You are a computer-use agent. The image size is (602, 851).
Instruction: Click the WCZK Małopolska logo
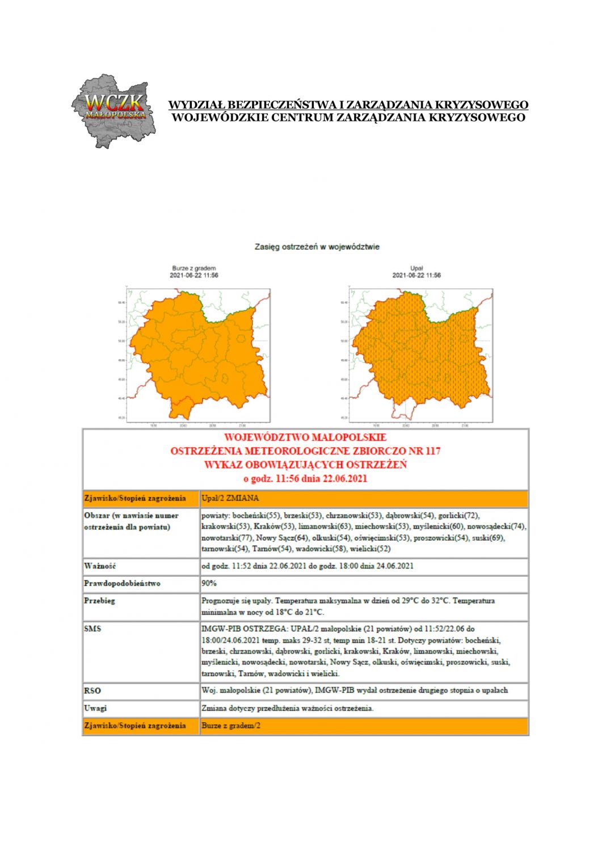113,110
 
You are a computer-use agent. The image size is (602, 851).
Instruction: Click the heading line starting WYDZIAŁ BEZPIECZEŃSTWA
348,105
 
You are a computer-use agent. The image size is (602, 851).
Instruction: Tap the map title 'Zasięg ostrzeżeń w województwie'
317,247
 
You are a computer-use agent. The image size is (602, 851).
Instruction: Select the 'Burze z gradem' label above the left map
194,268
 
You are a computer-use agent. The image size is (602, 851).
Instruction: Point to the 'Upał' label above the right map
416,268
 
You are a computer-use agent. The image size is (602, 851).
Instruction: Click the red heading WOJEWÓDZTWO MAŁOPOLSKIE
305,437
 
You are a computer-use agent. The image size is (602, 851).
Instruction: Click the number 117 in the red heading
432,451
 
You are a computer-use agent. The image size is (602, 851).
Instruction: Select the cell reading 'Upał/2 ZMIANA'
230,498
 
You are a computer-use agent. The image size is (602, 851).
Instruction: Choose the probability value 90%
209,583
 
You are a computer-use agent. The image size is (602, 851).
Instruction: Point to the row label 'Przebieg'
99,600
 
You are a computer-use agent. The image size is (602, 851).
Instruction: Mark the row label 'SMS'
92,629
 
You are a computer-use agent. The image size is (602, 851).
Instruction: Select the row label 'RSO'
92,690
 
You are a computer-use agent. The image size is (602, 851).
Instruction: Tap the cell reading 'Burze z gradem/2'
231,726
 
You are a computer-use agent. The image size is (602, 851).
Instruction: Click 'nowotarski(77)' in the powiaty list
226,537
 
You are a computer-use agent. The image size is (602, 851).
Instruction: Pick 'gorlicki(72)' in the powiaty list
459,516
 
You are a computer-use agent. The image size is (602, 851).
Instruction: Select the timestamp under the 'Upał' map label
416,275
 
